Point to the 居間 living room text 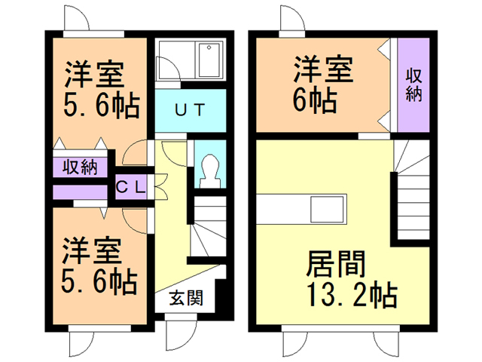click(336, 265)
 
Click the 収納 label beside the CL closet click(78, 166)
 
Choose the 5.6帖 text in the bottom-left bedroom click(99, 282)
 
